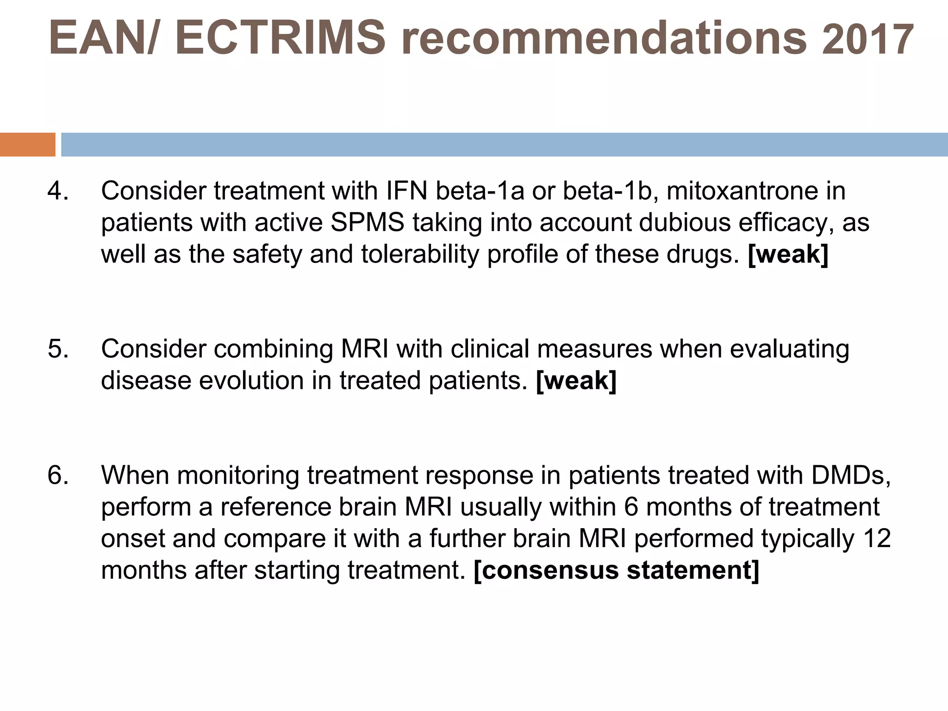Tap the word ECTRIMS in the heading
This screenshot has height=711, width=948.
pyautogui.click(x=280, y=38)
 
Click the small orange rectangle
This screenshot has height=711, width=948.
pyautogui.click(x=27, y=144)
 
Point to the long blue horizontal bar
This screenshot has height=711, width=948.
pyautogui.click(x=504, y=144)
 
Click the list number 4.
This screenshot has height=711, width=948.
pyautogui.click(x=58, y=191)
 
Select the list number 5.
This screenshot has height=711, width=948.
pyautogui.click(x=58, y=349)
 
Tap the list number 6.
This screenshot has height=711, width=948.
pyautogui.click(x=58, y=475)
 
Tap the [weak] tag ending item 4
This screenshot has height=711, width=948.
pyautogui.click(x=788, y=255)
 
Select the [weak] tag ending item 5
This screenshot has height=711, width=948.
pyautogui.click(x=576, y=381)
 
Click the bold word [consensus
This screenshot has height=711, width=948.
pyautogui.click(x=546, y=570)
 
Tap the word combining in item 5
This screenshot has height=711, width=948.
pyautogui.click(x=273, y=349)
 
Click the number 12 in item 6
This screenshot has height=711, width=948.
pyautogui.click(x=877, y=539)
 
